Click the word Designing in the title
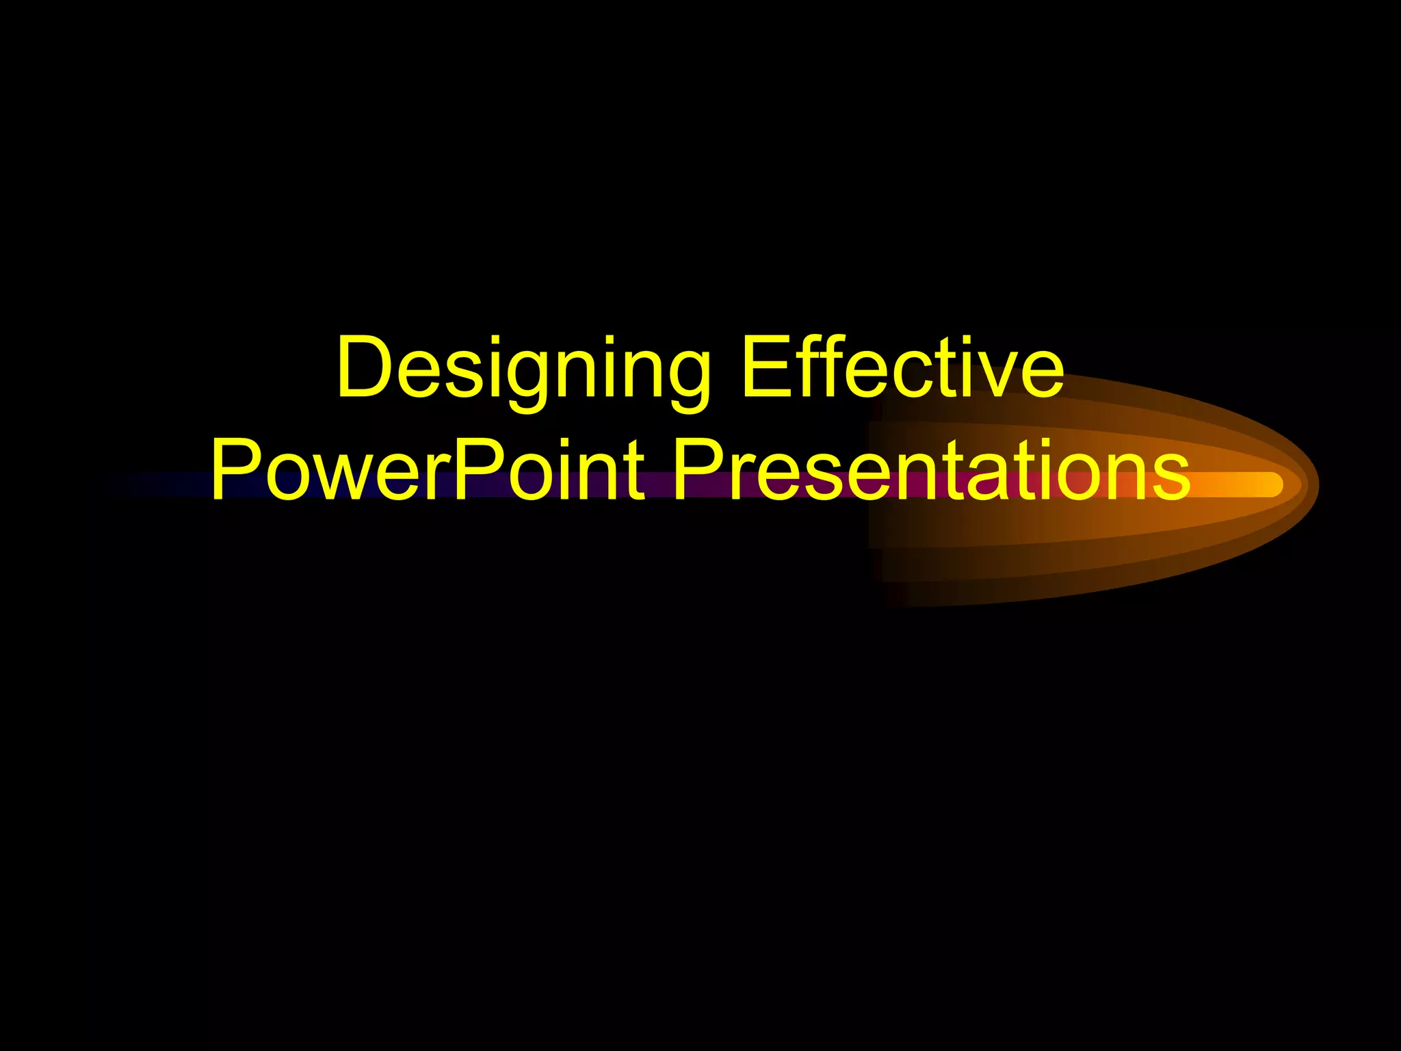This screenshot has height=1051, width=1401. (523, 369)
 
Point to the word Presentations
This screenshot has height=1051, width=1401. (930, 471)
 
